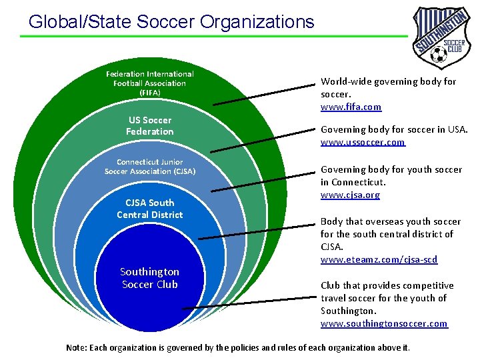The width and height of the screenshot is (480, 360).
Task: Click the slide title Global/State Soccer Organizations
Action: tap(171, 21)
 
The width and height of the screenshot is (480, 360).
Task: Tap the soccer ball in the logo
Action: tap(438, 53)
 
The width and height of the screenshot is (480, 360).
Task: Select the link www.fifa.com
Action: tap(351, 107)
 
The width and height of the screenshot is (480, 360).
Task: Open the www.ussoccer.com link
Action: tap(363, 142)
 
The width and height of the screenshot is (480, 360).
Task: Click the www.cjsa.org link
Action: tap(350, 195)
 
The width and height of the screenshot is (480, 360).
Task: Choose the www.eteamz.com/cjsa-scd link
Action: tap(379, 259)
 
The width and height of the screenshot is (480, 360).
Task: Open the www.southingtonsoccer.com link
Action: tap(383, 323)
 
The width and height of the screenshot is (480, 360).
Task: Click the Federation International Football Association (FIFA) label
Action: tap(150, 83)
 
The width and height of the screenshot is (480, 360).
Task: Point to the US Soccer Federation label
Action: tap(150, 125)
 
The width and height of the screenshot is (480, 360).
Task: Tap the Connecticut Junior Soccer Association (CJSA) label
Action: tap(150, 167)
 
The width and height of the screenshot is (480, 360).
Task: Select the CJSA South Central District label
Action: tap(150, 208)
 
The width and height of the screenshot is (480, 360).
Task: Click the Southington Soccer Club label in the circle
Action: tap(150, 278)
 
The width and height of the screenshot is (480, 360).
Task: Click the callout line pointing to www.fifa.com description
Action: tap(264, 95)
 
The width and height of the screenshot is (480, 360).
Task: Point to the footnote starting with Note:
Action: tap(238, 347)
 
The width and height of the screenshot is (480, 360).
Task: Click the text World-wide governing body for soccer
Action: tap(388, 87)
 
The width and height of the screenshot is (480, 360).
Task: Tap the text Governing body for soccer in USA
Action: tap(394, 129)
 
